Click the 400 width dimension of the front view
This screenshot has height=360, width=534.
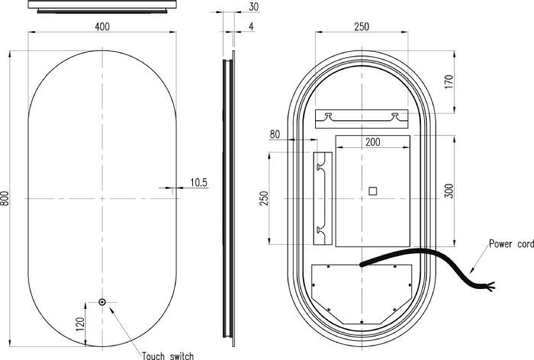pyautogui.click(x=101, y=27)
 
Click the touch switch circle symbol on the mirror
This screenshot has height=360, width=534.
pyautogui.click(x=101, y=302)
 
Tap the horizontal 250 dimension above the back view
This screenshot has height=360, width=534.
pyautogui.click(x=361, y=27)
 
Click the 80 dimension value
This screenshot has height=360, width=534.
pyautogui.click(x=275, y=135)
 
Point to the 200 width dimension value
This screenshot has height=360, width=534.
pyautogui.click(x=372, y=143)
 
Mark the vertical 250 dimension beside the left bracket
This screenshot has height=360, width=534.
pyautogui.click(x=264, y=198)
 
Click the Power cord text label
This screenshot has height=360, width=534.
pyautogui.click(x=510, y=244)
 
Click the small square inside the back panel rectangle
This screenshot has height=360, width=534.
pyautogui.click(x=372, y=191)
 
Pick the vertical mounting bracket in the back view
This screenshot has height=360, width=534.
pyautogui.click(x=322, y=198)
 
